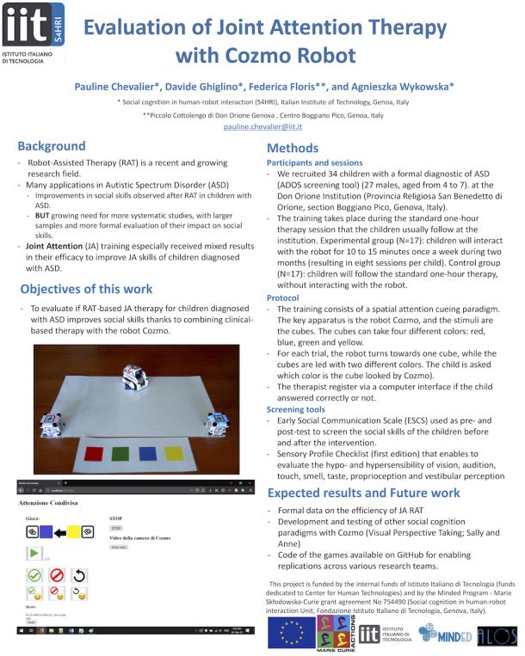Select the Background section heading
pos(52,146)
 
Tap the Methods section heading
pos(293,148)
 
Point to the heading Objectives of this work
pos(86,288)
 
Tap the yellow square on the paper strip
pos(173,452)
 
